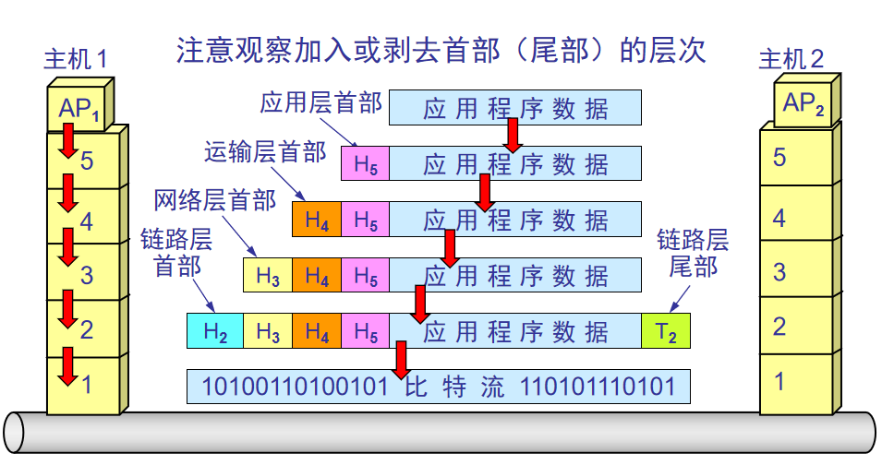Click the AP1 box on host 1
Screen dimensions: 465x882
(x=78, y=108)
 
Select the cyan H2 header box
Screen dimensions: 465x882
(x=214, y=331)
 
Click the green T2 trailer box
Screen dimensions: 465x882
(x=666, y=331)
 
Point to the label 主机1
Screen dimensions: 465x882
(x=76, y=60)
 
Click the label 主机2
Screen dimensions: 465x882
(x=791, y=60)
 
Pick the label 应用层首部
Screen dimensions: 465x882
(x=320, y=101)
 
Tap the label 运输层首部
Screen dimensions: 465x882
(x=265, y=151)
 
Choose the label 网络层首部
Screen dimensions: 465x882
(x=214, y=199)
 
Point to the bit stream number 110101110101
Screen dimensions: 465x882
(x=598, y=386)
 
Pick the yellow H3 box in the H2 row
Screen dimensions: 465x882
(x=268, y=331)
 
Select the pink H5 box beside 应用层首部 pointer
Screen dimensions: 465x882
(x=365, y=164)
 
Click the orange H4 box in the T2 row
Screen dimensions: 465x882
(x=317, y=331)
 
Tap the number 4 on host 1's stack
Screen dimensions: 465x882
(x=87, y=221)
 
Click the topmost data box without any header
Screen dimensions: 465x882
(x=515, y=108)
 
